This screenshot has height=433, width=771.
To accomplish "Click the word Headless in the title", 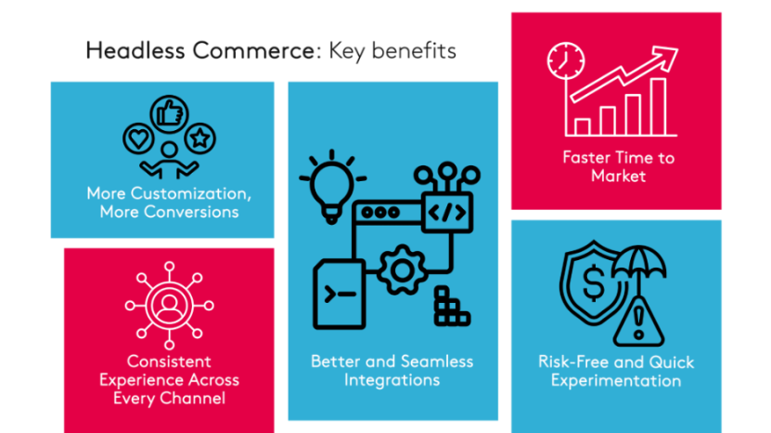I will pos(127,51).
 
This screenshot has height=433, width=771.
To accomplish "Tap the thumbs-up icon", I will pos(169,113).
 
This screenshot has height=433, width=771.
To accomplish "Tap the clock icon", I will pos(563,61).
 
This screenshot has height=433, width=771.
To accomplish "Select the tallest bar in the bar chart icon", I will pos(658,107).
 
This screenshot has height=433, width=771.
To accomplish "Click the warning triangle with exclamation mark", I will pos(639,321).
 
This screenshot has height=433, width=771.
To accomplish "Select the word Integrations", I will pos(392,379).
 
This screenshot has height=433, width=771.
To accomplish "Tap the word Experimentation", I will pos(615,380).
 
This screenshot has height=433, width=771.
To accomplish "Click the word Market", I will pos(617,175).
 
